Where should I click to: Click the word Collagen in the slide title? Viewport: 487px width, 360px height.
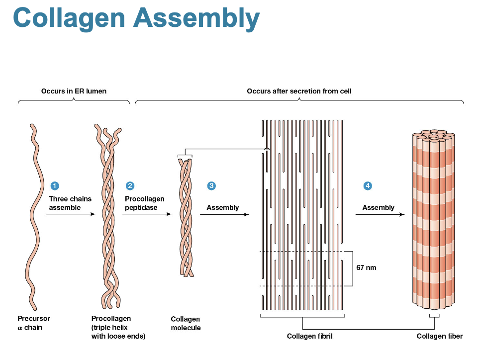click(69, 18)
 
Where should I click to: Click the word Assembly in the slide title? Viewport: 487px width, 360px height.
click(196, 18)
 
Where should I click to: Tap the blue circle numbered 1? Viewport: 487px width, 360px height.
click(55, 186)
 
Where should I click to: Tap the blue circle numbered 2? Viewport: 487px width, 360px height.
click(130, 186)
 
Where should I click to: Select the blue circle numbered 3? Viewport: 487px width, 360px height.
click(211, 186)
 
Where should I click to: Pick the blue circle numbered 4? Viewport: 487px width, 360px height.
click(368, 186)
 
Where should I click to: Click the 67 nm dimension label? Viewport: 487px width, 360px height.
click(366, 268)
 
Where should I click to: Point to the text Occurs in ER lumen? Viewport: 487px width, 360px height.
click(74, 91)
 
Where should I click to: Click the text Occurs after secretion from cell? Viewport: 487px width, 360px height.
click(299, 91)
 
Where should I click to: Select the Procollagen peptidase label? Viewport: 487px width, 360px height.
click(144, 203)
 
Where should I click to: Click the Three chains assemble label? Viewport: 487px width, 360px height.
click(70, 203)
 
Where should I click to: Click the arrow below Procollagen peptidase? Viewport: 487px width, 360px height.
click(147, 215)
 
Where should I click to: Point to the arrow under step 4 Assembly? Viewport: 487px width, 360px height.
click(380, 215)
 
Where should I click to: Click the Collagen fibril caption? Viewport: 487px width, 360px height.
click(309, 336)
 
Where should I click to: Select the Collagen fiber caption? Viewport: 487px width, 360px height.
click(439, 336)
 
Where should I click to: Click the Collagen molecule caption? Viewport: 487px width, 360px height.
click(186, 323)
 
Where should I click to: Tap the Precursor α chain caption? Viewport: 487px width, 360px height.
click(33, 323)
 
